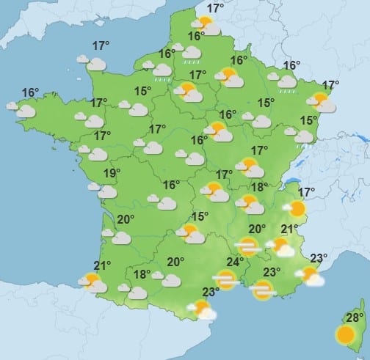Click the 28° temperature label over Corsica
tap(355, 317)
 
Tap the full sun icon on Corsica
tap(346, 335)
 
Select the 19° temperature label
tap(112, 174)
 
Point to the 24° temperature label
tap(234, 262)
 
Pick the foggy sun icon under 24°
tap(225, 279)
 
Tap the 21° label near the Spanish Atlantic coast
tap(101, 265)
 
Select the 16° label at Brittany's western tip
tap(30, 92)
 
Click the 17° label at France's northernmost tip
tap(215, 9)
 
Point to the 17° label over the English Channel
tap(101, 46)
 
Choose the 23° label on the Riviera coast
tap(318, 258)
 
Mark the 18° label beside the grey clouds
tap(142, 274)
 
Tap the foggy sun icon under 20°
tap(248, 247)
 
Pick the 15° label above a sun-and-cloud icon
tap(200, 216)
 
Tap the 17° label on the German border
tap(330, 84)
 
